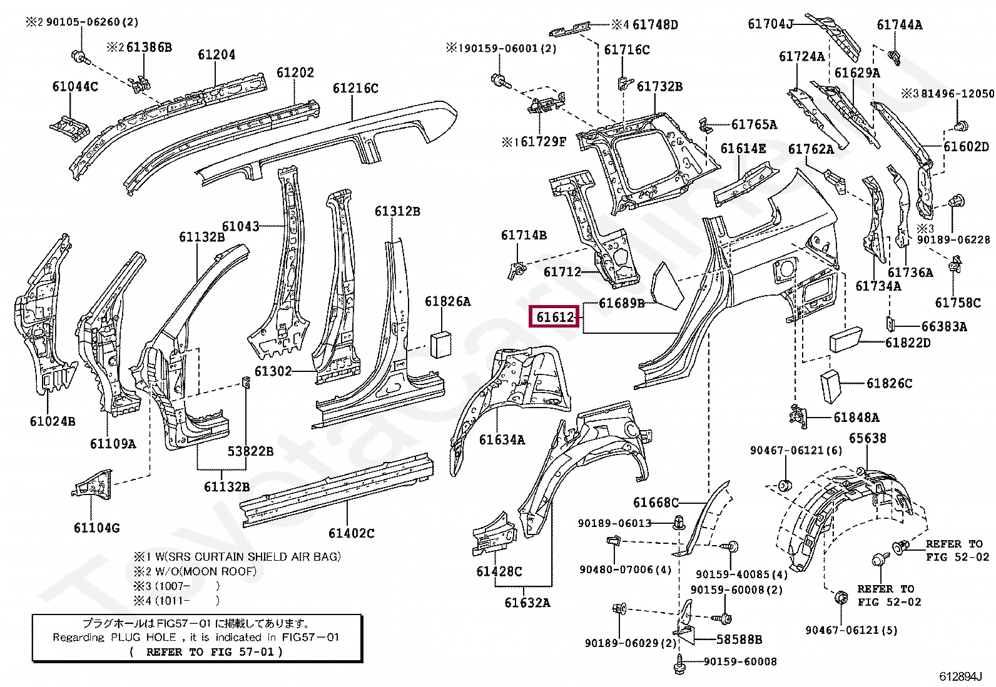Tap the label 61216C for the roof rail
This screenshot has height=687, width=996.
pos(355,88)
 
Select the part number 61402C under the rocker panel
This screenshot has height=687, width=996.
pos(351,533)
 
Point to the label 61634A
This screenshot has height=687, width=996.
pos(502,439)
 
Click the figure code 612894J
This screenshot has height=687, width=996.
pos(960,676)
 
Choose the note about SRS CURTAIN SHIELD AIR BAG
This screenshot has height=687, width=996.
pos(237,556)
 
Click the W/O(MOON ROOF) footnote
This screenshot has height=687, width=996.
pos(195,571)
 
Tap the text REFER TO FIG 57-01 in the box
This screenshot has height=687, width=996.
pos(206,652)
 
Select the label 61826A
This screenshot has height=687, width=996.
pos(447,301)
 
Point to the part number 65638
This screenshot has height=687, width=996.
pos(868,438)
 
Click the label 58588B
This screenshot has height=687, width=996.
pos(739,639)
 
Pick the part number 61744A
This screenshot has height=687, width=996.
pos(900,24)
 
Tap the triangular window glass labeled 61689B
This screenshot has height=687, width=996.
pos(667,286)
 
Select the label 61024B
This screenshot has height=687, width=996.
pos(53,421)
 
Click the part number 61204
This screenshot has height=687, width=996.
pos(216,54)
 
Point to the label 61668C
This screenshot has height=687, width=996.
pos(656,502)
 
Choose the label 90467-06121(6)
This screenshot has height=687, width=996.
pos(796,450)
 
